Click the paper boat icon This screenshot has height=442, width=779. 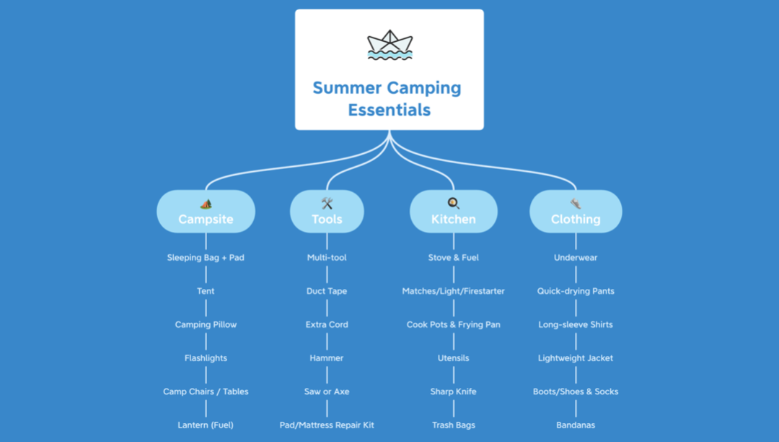point(389,45)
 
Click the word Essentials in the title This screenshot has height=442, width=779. point(389,110)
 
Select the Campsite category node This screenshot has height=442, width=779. point(206,212)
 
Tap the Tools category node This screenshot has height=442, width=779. point(327,212)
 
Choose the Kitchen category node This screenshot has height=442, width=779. point(453,212)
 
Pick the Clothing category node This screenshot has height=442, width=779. point(576,212)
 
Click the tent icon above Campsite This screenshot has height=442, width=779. point(206,204)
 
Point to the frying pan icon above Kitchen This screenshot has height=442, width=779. point(453,203)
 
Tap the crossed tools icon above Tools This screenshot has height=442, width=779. point(327,203)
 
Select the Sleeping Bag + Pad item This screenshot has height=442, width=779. point(206,258)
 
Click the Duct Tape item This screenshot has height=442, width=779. point(327,291)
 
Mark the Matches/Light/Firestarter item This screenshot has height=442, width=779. point(453,291)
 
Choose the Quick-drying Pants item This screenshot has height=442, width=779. point(576,291)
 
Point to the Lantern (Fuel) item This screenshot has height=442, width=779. point(206,425)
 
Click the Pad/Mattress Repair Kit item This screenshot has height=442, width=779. point(327,425)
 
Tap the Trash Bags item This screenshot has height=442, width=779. point(453,425)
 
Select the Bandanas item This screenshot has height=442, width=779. point(576,425)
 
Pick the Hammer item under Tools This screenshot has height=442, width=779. point(327,358)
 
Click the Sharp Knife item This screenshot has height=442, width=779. point(453,391)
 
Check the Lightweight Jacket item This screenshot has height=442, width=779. point(576,358)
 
